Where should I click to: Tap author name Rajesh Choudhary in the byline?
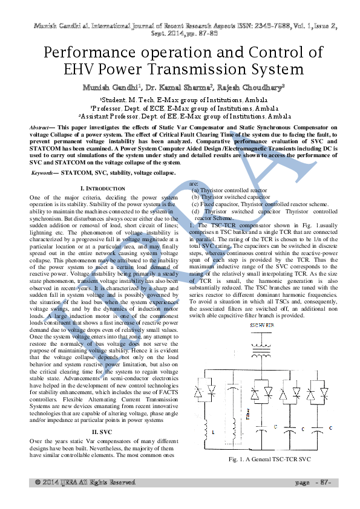point(250,88)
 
